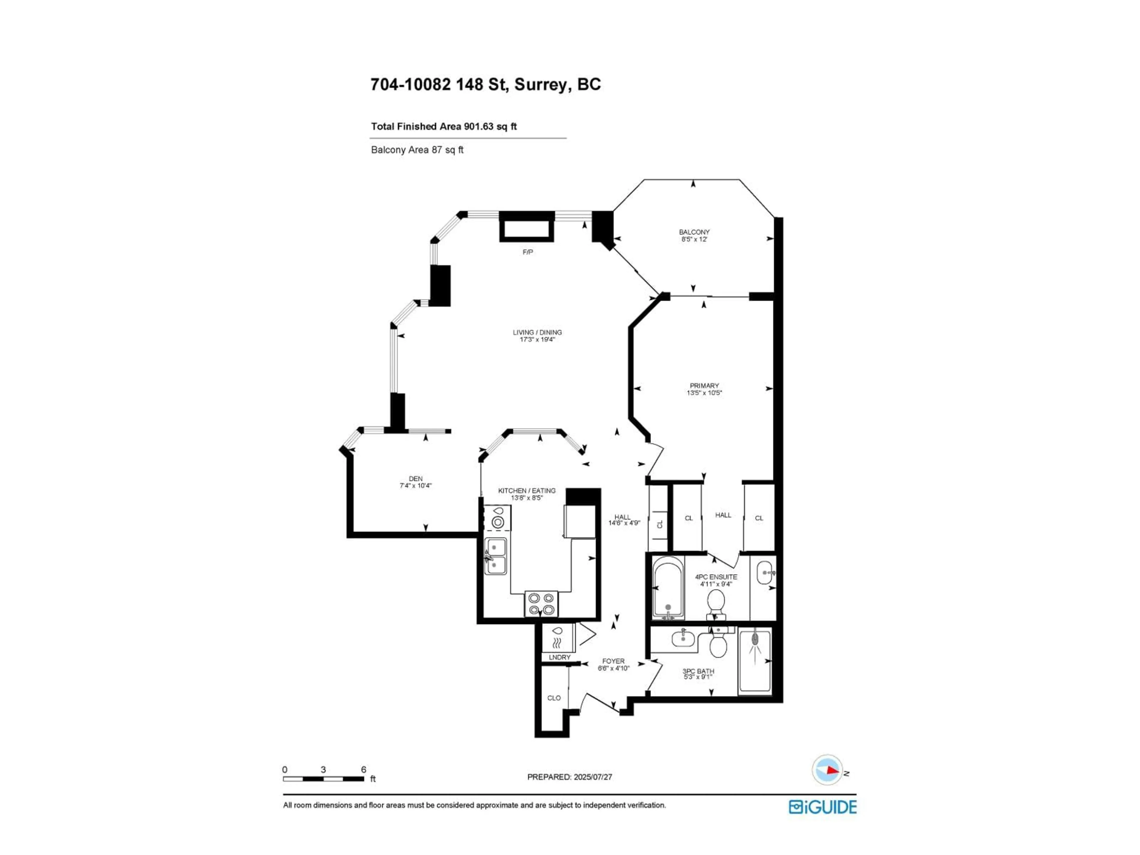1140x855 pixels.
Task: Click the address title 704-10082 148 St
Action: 485,85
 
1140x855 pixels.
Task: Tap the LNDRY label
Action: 559,658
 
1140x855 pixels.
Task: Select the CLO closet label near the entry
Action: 554,698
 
